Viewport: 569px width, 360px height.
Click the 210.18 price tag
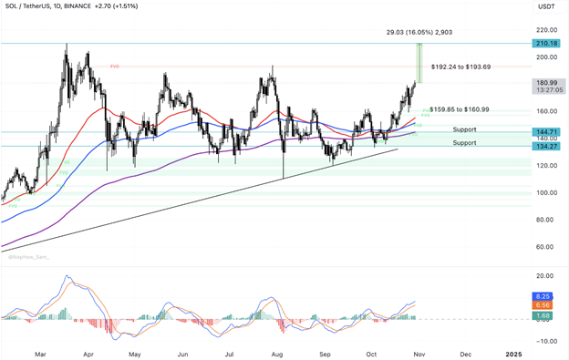[547, 43]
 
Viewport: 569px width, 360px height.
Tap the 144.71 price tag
[547, 132]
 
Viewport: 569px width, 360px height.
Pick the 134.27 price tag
[547, 146]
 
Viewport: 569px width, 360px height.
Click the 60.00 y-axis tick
[545, 246]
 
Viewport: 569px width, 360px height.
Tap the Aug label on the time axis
[277, 353]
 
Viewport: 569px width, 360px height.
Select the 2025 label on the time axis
[514, 353]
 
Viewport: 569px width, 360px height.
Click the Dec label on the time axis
[466, 353]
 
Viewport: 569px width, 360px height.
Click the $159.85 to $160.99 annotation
[460, 109]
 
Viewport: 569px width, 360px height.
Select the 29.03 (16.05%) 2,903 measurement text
[419, 32]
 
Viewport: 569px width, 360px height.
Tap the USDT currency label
[546, 7]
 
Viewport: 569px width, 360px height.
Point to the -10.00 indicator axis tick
[545, 341]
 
